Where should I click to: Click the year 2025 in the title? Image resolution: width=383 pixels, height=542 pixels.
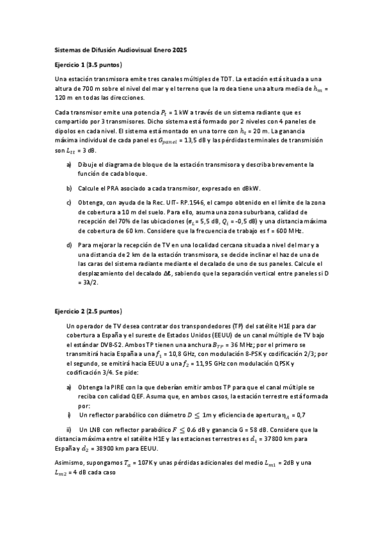point(178,49)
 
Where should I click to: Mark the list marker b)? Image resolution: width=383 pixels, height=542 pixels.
point(69,189)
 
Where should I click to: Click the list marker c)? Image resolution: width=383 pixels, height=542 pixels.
point(69,203)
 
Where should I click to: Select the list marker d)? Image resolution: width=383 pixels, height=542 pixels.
point(69,245)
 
